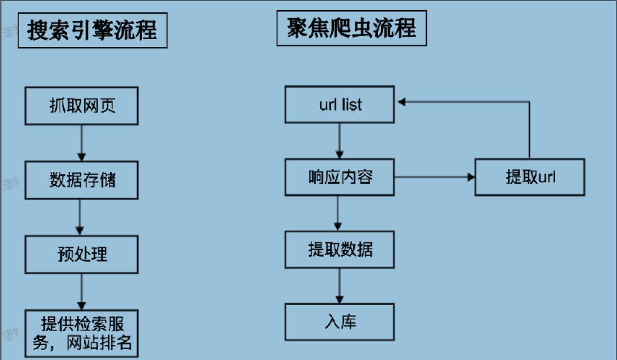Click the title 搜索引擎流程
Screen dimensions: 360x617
click(x=92, y=30)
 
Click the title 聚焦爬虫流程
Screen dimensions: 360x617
click(x=351, y=28)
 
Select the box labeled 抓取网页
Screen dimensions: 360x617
click(x=82, y=106)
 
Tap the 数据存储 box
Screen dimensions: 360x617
click(x=82, y=180)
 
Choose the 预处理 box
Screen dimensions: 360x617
click(x=82, y=255)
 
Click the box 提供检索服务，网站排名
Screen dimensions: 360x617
click(x=82, y=333)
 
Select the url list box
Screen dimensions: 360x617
click(x=340, y=105)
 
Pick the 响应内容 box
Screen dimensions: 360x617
click(x=340, y=177)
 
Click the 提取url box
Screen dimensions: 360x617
click(x=530, y=177)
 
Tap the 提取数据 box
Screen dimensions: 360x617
click(x=340, y=249)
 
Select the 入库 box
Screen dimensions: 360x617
click(x=340, y=322)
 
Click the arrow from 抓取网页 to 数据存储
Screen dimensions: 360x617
click(x=82, y=143)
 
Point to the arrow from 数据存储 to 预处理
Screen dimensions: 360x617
click(x=82, y=217)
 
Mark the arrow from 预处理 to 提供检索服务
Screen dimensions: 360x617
click(x=82, y=291)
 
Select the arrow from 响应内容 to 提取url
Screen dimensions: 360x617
click(x=434, y=177)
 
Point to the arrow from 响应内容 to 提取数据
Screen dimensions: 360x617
click(x=338, y=213)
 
